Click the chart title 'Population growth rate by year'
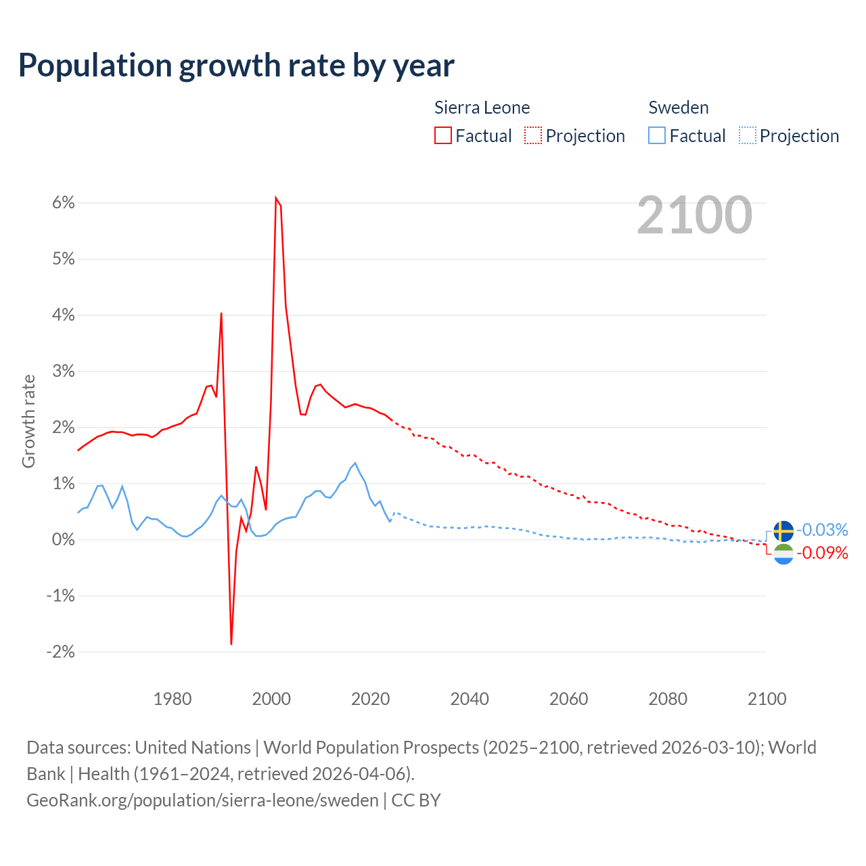pos(236,66)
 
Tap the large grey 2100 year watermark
pos(694,215)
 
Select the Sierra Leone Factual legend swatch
pos(442,136)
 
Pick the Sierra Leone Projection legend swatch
pos(533,136)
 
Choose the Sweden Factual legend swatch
pos(656,136)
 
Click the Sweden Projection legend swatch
pos(747,136)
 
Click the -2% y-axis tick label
pos(60,652)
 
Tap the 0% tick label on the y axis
pos(63,540)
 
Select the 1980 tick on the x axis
pos(173,699)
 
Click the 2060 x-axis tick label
pos(568,699)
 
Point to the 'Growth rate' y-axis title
pos(28,421)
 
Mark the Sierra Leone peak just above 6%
pos(276,198)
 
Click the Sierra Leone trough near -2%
pos(231,643)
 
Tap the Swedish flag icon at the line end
pos(783,531)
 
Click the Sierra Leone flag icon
pos(783,554)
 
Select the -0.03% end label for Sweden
pos(822,530)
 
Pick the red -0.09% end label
pos(822,553)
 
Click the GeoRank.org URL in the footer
pos(202,800)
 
